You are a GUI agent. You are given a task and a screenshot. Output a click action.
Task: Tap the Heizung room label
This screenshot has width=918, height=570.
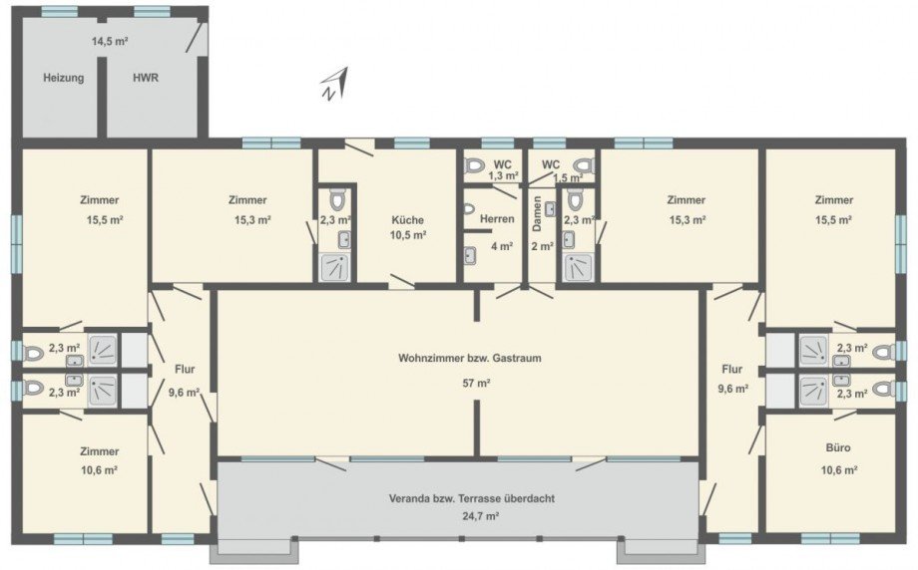63,77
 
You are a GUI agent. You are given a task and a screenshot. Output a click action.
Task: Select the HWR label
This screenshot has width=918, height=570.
146,77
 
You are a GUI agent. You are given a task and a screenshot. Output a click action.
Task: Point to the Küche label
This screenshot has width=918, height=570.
407,220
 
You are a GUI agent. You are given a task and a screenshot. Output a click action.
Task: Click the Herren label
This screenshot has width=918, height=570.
496,219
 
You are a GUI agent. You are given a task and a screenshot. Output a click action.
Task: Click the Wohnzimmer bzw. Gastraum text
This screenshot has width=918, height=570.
455,358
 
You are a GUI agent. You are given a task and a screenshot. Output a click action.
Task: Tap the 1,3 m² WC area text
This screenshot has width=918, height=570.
503,175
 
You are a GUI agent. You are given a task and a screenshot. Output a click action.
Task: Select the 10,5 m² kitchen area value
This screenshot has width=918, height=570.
407,236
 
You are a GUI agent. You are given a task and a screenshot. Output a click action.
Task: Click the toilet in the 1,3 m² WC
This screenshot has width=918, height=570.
475,165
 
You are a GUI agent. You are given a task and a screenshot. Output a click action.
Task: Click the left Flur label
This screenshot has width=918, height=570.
185,369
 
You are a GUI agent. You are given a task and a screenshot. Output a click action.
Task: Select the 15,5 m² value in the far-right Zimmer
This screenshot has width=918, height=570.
832,219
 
